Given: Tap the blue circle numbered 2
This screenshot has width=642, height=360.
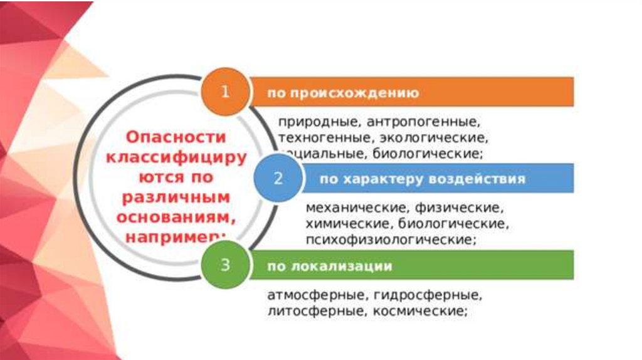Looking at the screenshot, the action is pos(278,178).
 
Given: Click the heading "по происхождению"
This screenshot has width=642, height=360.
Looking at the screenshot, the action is pos(343,93).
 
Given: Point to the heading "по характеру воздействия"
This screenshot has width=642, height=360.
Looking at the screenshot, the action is pos(422,179).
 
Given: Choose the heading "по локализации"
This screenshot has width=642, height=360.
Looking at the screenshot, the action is pos(330,267).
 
